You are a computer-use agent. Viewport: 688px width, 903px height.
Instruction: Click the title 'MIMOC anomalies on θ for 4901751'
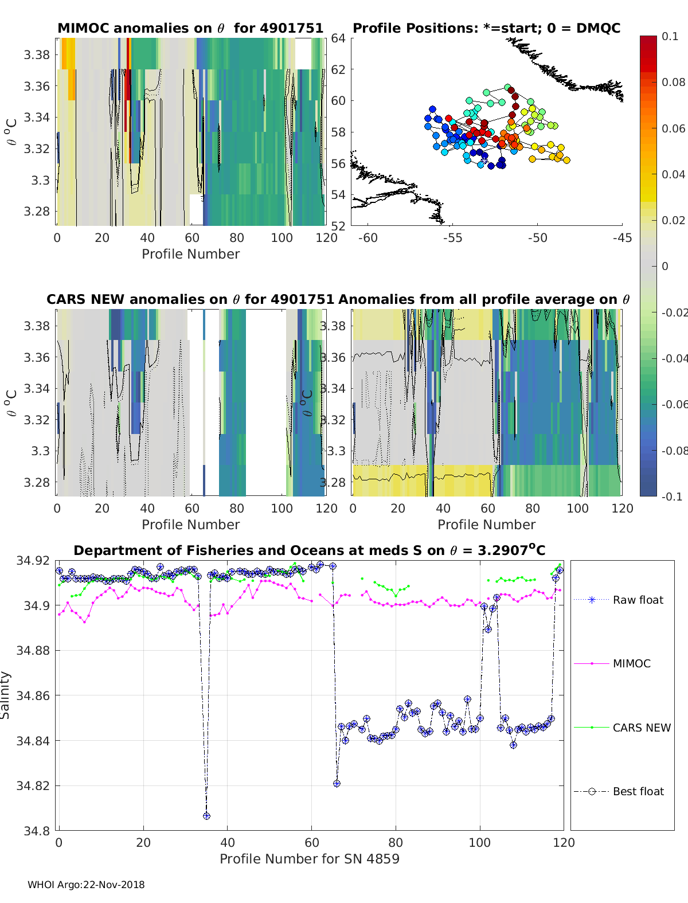[190, 28]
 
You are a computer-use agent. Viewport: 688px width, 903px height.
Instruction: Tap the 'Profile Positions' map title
[486, 28]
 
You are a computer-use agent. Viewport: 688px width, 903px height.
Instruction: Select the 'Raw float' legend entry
[638, 600]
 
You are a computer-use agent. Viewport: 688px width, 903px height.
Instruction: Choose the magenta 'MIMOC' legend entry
[631, 664]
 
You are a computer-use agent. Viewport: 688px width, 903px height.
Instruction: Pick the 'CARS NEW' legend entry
[641, 728]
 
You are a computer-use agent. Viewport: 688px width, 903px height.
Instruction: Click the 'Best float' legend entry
[638, 792]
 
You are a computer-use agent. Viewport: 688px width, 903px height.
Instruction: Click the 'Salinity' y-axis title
[6, 695]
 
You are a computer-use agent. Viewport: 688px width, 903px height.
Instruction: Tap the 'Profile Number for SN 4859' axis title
[310, 859]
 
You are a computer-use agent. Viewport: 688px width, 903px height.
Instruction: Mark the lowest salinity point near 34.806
[206, 816]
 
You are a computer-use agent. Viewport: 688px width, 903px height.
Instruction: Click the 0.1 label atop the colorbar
[670, 36]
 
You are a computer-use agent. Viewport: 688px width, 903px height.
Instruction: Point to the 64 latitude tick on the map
[338, 38]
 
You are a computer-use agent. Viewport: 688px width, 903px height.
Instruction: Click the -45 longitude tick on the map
[621, 238]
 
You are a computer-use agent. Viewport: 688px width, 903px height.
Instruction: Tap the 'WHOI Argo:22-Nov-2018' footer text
[86, 885]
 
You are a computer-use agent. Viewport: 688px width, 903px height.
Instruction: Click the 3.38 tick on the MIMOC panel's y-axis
[37, 55]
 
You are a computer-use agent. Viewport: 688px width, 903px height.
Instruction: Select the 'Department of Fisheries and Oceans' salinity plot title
[310, 550]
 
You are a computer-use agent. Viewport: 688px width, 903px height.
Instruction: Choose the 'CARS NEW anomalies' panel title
[190, 299]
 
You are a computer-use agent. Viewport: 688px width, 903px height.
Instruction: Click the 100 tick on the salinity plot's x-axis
[480, 842]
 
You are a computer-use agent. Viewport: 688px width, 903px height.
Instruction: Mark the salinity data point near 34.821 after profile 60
[337, 783]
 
